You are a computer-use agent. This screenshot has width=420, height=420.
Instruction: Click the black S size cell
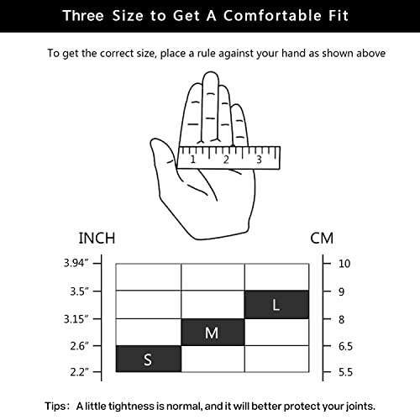click(149, 359)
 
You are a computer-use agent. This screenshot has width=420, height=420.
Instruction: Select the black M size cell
click(213, 332)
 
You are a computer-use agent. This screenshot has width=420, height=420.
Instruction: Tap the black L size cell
click(276, 305)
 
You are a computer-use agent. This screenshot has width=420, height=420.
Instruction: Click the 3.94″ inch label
click(76, 263)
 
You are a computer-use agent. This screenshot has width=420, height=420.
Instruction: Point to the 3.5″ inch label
click(79, 291)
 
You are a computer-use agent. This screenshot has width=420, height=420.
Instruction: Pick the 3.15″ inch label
click(76, 319)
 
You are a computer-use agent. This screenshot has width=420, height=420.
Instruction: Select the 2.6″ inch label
click(79, 346)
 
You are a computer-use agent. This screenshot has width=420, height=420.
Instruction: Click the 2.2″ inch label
click(79, 372)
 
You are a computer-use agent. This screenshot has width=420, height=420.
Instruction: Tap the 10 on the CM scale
click(344, 264)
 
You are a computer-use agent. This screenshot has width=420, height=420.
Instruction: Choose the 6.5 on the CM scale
click(345, 346)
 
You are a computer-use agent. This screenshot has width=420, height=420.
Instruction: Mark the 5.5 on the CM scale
click(345, 372)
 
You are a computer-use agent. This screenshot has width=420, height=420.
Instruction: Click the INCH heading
click(97, 239)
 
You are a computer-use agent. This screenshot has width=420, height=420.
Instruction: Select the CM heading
click(322, 239)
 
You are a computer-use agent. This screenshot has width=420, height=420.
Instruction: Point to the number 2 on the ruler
click(226, 160)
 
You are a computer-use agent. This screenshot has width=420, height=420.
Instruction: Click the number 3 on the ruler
click(259, 160)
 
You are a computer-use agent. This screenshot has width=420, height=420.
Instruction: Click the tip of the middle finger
click(211, 72)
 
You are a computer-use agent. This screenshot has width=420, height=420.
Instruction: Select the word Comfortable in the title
click(272, 15)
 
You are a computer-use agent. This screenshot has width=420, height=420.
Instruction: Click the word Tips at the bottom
click(56, 407)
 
